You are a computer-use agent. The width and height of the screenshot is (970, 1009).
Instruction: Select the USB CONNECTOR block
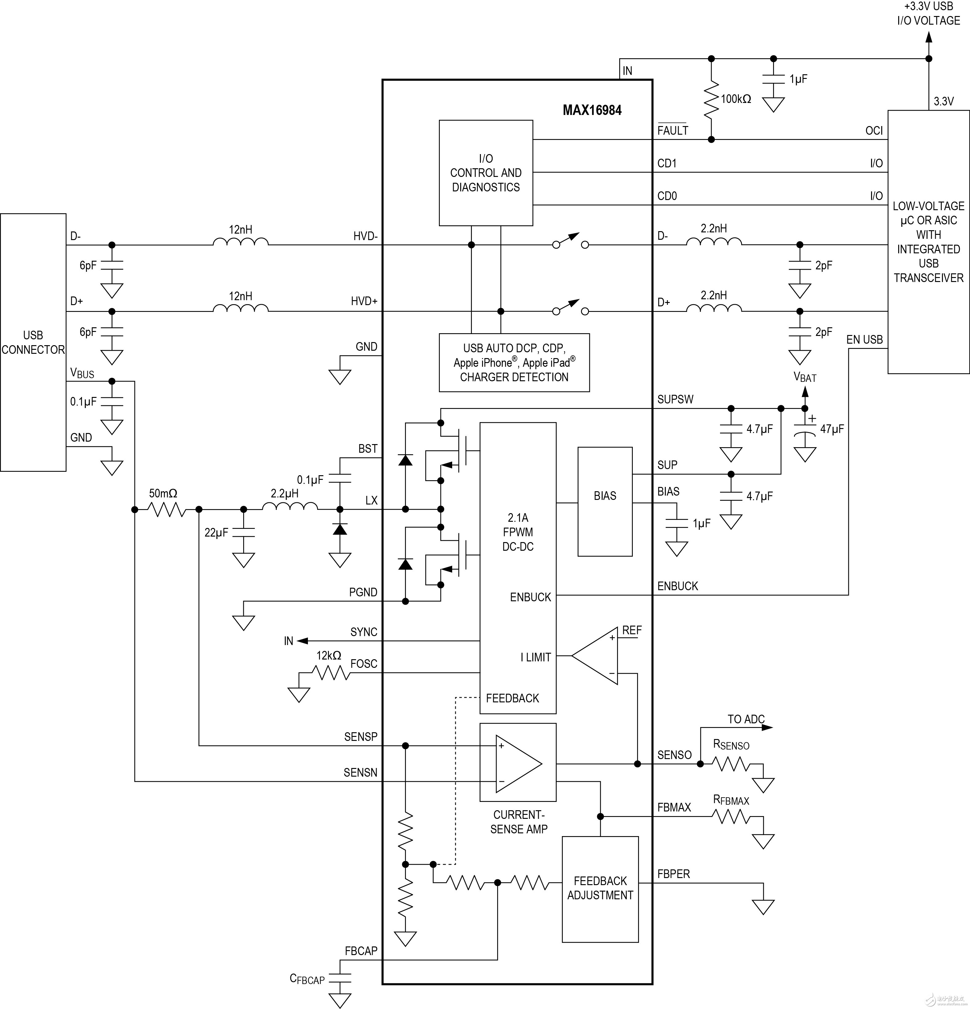coord(33,342)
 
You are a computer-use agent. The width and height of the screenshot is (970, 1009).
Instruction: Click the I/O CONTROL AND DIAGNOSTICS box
coord(485,173)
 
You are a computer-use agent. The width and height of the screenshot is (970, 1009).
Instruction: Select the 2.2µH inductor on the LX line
coord(290,507)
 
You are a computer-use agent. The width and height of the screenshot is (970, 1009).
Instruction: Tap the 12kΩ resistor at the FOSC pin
coord(331,672)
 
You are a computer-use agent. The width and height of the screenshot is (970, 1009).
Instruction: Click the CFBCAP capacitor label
coord(307,979)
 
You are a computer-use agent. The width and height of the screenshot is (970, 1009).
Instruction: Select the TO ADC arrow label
coord(746,719)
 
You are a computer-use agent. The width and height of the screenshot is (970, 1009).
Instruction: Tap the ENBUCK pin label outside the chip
coord(677,586)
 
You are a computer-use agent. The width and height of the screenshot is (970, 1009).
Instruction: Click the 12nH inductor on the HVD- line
coord(240,241)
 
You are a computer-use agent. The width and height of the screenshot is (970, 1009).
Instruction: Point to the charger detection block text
coord(514,363)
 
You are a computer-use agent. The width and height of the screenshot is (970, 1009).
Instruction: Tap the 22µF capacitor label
coord(216,532)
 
